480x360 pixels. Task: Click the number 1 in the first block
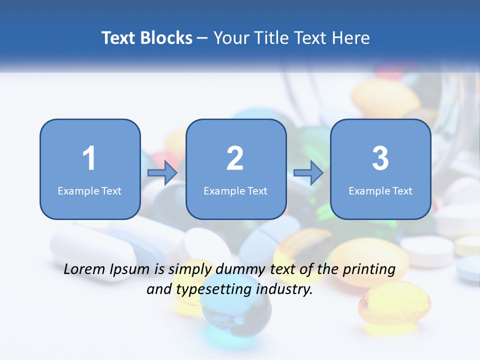[x=89, y=158]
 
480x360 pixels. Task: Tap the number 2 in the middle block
[x=235, y=158]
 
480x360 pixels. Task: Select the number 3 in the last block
[x=380, y=158]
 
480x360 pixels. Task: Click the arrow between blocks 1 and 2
[x=162, y=173]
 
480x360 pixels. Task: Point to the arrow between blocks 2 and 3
[x=308, y=173]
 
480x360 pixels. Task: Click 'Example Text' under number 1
[x=89, y=191]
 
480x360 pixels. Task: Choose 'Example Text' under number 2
[x=235, y=191]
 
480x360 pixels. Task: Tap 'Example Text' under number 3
[x=380, y=191]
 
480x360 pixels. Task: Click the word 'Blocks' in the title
[x=165, y=38]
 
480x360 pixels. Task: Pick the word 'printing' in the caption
[x=368, y=270]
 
